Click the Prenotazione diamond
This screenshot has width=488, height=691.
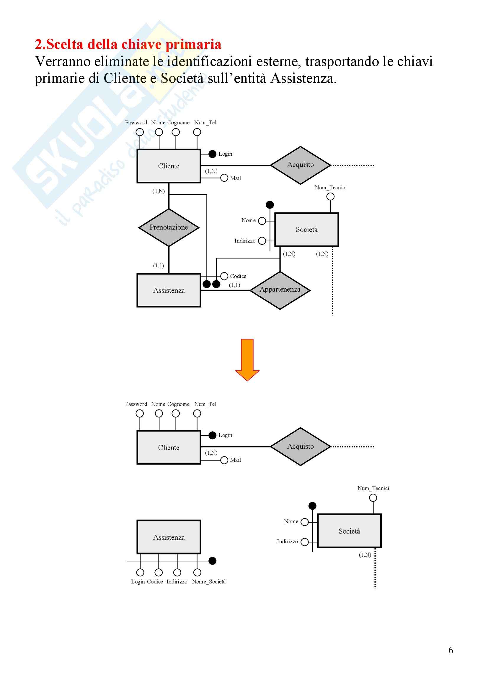[169, 227]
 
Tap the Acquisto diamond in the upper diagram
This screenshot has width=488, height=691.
[300, 165]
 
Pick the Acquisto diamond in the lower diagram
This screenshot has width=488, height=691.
[300, 447]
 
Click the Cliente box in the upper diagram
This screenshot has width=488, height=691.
[169, 166]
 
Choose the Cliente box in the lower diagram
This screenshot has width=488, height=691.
[169, 448]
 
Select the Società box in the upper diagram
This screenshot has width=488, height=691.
[306, 230]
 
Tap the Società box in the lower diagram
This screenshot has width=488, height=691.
[349, 531]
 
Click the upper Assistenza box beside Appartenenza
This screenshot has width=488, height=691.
[169, 290]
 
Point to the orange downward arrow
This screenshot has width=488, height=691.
[247, 360]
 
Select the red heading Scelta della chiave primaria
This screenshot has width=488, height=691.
[128, 44]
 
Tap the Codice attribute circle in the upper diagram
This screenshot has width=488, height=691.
[224, 276]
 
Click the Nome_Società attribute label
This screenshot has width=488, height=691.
[209, 582]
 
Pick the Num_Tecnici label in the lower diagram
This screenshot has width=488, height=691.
[373, 488]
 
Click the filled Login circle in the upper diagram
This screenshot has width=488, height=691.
[212, 154]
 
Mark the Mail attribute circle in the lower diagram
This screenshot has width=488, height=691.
[224, 460]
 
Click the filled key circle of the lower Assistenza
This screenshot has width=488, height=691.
[212, 561]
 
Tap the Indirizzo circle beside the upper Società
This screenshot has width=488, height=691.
[262, 241]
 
